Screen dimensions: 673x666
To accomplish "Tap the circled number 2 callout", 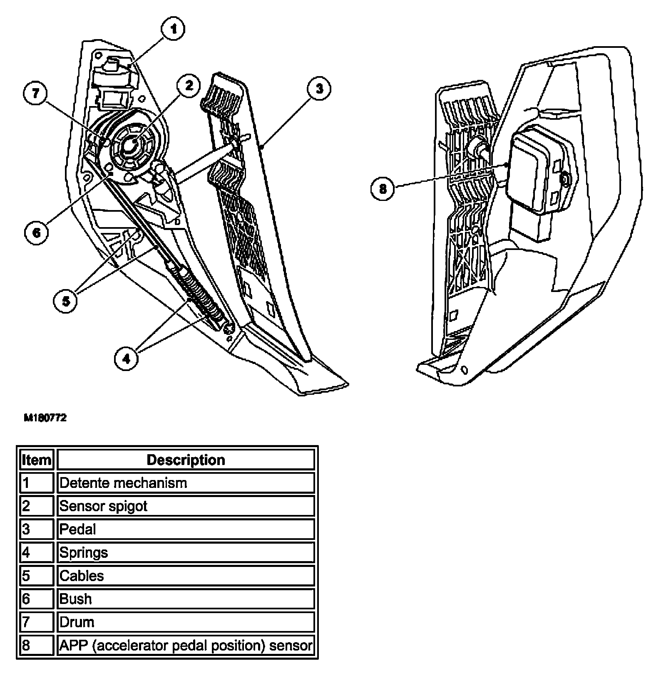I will tap(189, 86).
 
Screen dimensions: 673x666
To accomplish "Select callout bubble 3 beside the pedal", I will tap(319, 89).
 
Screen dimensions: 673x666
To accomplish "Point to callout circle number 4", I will tap(127, 358).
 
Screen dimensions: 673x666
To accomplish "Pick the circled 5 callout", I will tap(66, 301).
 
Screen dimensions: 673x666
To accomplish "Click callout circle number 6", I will tap(37, 232).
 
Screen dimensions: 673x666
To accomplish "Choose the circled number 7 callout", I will tap(36, 93).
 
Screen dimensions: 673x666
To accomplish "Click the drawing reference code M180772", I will tap(45, 418).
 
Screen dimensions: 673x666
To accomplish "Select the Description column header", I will tap(186, 460).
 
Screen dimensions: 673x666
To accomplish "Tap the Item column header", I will tap(37, 460).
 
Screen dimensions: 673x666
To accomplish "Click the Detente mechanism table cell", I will tap(123, 483).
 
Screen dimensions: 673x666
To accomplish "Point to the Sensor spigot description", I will tap(104, 506).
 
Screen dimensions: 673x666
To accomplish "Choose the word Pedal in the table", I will tap(78, 529).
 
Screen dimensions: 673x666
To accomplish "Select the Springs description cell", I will tap(84, 552).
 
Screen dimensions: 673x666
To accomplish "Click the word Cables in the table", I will tap(82, 576).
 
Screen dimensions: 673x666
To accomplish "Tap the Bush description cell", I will tap(75, 599).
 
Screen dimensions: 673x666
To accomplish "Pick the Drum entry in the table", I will tap(77, 622).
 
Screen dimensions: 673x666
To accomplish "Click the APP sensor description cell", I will tap(186, 646).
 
